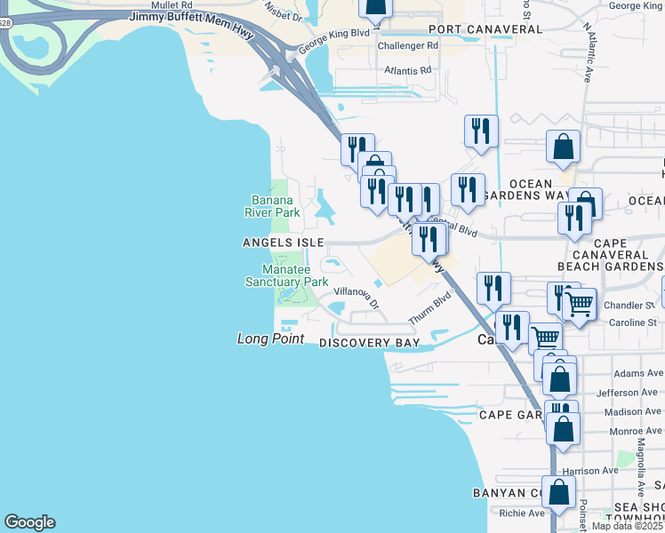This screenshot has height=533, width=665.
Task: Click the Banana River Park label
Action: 272,206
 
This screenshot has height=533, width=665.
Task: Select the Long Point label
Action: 271,338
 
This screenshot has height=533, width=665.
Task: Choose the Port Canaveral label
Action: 485,29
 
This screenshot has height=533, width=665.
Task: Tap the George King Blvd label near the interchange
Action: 332,43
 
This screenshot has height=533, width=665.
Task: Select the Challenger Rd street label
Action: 408,45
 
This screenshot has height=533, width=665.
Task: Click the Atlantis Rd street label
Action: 407,69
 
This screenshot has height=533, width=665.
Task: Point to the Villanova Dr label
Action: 357,297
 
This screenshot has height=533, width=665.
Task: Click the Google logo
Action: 29,522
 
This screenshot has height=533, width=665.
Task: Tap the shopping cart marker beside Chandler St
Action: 579,304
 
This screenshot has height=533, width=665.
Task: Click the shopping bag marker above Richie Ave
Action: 557,491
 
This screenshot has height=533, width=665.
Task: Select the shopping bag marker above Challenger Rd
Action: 375,7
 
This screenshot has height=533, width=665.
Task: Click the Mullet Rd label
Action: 172,4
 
